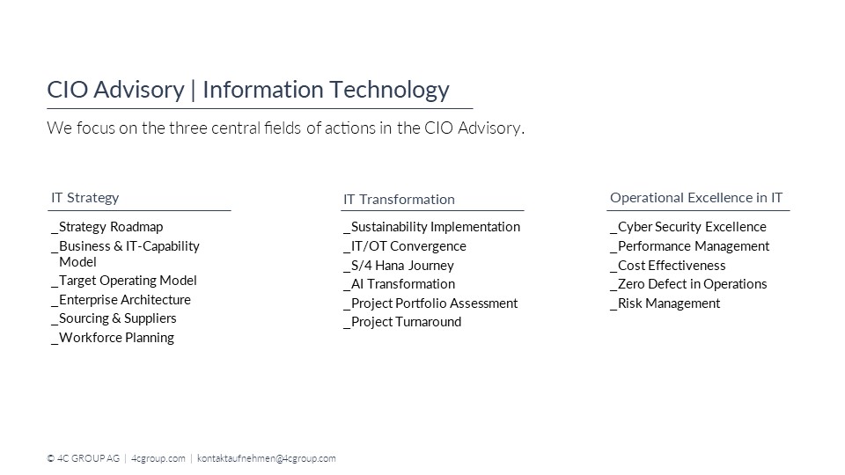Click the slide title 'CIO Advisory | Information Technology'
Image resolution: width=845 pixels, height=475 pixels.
(x=247, y=90)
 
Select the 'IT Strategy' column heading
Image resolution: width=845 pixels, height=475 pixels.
(x=84, y=198)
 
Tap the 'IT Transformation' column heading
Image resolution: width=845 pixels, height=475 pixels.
(x=399, y=200)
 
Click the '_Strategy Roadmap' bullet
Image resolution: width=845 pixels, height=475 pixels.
(x=107, y=227)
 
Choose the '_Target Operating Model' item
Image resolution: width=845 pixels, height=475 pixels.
(x=124, y=281)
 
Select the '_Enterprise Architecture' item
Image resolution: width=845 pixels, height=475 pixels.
(x=121, y=300)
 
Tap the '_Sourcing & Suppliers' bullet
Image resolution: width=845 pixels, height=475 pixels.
(x=114, y=318)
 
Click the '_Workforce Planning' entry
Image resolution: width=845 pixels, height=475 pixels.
(x=113, y=338)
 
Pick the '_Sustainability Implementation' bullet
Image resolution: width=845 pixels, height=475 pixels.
(x=431, y=227)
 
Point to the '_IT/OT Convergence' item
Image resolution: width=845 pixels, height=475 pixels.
(x=404, y=246)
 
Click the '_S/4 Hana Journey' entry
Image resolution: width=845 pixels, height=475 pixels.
(x=398, y=266)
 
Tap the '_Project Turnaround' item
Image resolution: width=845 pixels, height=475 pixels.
(x=401, y=322)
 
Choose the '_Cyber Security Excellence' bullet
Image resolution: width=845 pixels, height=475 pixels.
(x=687, y=227)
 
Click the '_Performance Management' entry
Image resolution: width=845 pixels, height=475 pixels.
(x=689, y=246)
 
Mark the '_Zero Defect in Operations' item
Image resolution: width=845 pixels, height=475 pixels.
(x=687, y=284)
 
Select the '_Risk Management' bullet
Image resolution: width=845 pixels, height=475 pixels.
(x=665, y=303)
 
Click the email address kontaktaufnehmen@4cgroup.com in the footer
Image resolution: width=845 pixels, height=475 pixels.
(x=267, y=458)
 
